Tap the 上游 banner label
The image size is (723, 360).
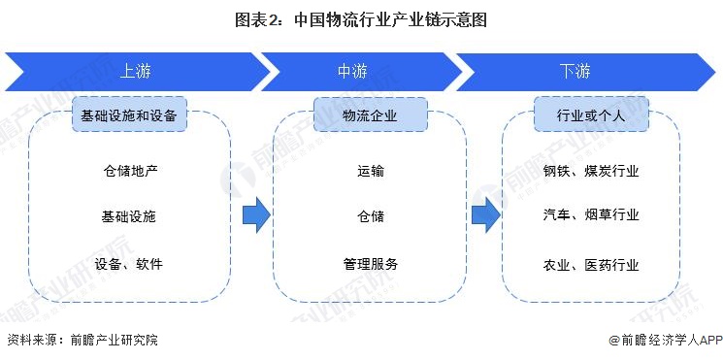pyautogui.click(x=135, y=71)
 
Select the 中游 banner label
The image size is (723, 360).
pyautogui.click(x=351, y=71)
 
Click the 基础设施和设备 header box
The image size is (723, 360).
pyautogui.click(x=129, y=115)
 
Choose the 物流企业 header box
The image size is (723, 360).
pyautogui.click(x=370, y=115)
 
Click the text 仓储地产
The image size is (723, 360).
pyautogui.click(x=129, y=171)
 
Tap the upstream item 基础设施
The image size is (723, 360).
pyautogui.click(x=129, y=216)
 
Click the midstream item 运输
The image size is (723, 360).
pyautogui.click(x=370, y=171)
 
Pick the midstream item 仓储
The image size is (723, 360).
pyautogui.click(x=370, y=216)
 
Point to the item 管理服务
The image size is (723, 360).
pyautogui.click(x=370, y=263)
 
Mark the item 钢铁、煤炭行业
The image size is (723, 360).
pyautogui.click(x=591, y=171)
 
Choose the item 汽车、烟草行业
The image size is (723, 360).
pyautogui.click(x=591, y=215)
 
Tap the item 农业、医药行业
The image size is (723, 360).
pyautogui.click(x=591, y=263)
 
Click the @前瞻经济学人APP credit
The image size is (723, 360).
pyautogui.click(x=662, y=341)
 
